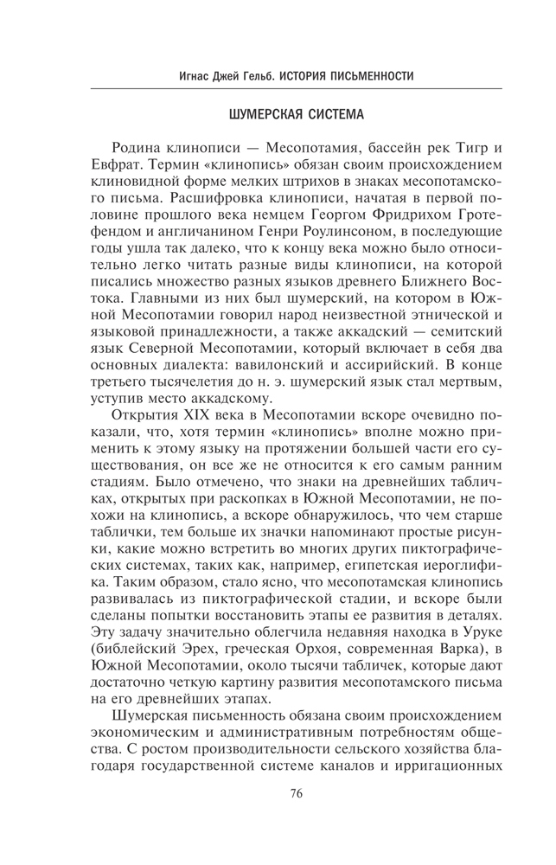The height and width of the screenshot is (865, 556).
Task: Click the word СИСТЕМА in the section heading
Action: pyautogui.click(x=325, y=114)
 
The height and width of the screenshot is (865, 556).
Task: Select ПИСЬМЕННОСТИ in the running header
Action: pyautogui.click(x=364, y=76)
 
